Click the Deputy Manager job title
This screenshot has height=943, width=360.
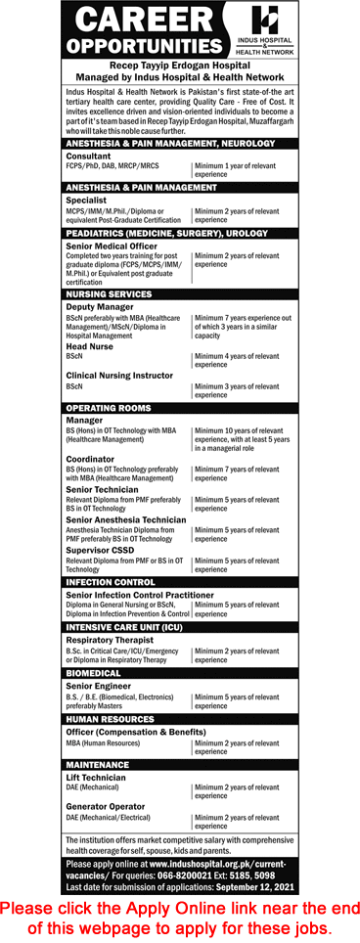click(98, 305)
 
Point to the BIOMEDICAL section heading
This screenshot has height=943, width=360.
click(94, 673)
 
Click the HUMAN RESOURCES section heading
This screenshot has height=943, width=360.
click(112, 719)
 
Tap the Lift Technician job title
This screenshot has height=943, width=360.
click(97, 777)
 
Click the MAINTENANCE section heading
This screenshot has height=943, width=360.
click(99, 764)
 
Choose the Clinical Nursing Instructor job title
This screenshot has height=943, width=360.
click(120, 376)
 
